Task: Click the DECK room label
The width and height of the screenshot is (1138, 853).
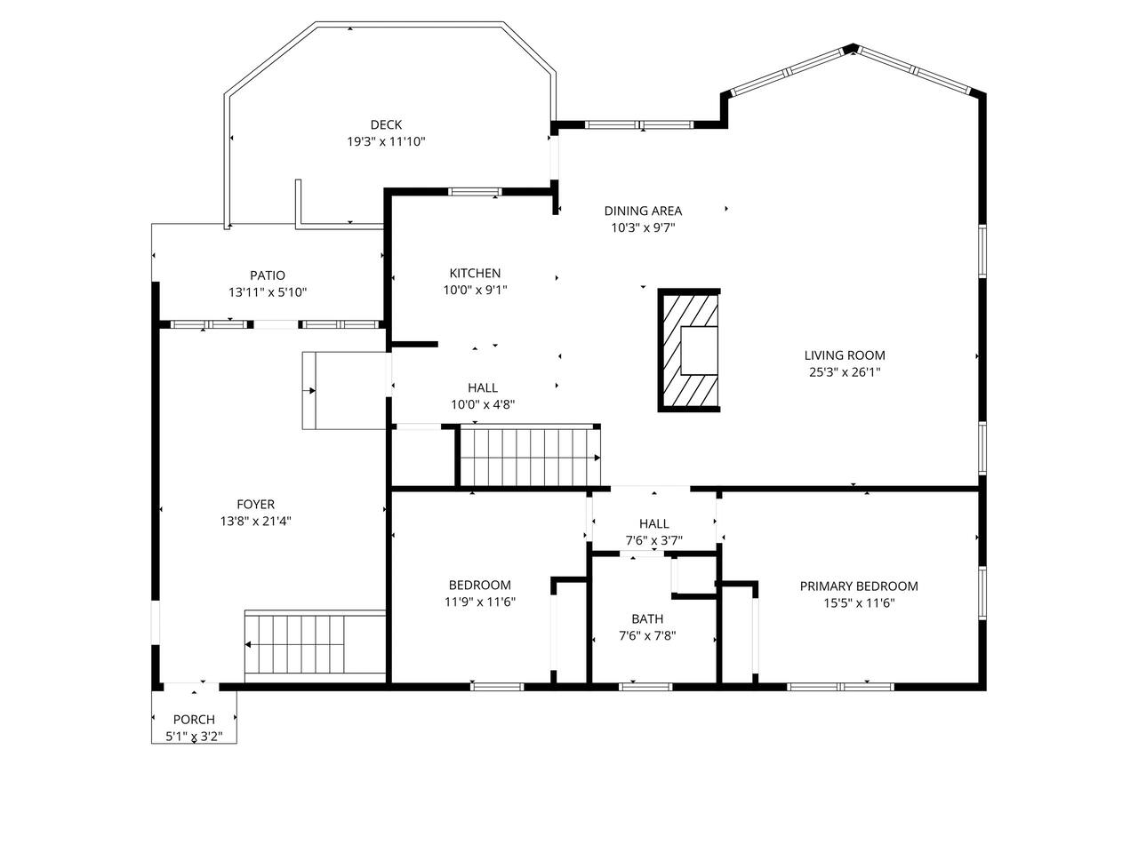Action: tap(386, 124)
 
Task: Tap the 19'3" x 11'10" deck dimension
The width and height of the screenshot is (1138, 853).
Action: tap(386, 141)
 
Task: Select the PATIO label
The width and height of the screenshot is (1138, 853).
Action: tap(268, 275)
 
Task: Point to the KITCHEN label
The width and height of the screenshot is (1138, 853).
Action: tap(475, 273)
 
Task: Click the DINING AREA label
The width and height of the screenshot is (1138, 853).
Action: tap(643, 211)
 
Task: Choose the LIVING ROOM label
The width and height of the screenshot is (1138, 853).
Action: tap(845, 355)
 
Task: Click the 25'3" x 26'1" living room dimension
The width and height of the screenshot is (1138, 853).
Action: tap(845, 372)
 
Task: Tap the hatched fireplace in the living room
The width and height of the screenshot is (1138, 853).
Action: tap(689, 351)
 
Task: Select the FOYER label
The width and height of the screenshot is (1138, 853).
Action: tap(255, 504)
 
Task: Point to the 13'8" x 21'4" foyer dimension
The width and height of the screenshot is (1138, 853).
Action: tap(255, 521)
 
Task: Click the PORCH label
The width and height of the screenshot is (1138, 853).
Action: tap(194, 720)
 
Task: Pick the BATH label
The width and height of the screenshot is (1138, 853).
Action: tap(647, 619)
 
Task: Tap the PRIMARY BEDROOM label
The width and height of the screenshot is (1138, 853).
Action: tap(859, 586)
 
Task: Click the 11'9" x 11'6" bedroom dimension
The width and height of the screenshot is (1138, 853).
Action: tap(480, 602)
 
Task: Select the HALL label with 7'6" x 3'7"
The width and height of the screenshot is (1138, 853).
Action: tap(653, 523)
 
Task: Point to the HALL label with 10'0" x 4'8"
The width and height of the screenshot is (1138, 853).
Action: tap(483, 388)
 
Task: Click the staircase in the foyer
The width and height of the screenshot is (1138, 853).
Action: tap(316, 647)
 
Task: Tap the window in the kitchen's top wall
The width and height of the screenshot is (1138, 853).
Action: tap(475, 192)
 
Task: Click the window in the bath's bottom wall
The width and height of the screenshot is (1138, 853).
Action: tap(645, 687)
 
